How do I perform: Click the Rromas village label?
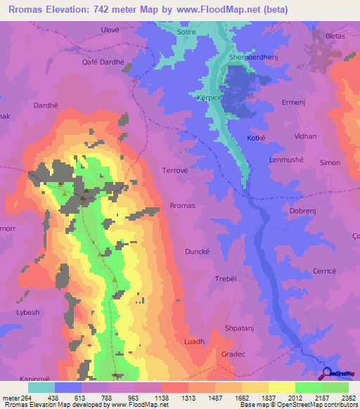pyautogui.click(x=181, y=205)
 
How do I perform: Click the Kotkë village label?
pyautogui.click(x=256, y=138)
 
